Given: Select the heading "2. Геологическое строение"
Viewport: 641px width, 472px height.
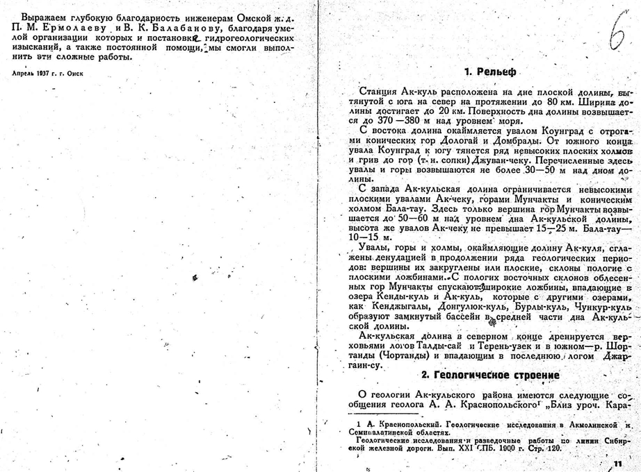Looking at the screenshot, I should pyautogui.click(x=491, y=376).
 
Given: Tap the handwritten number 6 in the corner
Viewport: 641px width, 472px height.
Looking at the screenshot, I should pyautogui.click(x=616, y=34).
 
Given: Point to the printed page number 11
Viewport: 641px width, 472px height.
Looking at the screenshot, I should pyautogui.click(x=615, y=464).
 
